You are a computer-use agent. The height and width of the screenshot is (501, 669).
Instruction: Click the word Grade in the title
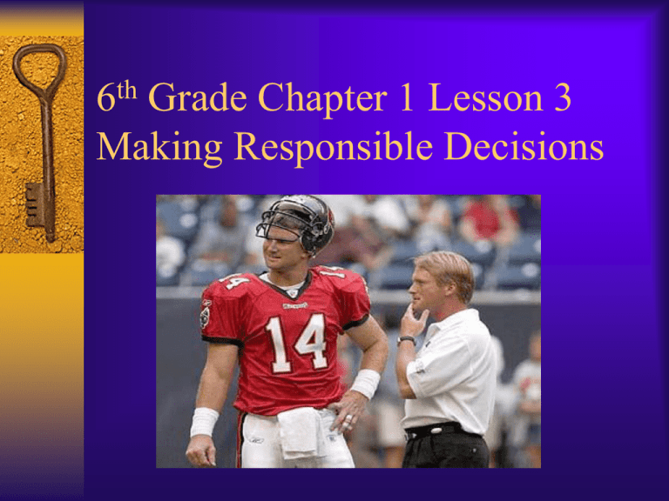[x=198, y=97]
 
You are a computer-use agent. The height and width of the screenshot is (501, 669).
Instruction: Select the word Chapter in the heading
[x=323, y=100]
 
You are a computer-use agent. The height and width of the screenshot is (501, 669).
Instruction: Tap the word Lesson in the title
[x=485, y=97]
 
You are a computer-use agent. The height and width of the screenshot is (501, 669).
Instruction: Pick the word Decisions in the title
[x=524, y=146]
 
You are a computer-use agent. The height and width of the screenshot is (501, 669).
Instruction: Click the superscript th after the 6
[x=127, y=90]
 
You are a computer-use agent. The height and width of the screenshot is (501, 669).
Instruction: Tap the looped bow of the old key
[x=39, y=68]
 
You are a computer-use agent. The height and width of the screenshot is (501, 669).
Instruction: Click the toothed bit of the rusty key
[x=33, y=204]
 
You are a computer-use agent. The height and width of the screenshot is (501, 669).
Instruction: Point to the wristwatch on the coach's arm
[x=406, y=339]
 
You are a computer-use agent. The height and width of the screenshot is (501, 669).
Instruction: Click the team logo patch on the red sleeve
[x=206, y=314]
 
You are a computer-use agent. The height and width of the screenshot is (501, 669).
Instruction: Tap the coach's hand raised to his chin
[x=412, y=319]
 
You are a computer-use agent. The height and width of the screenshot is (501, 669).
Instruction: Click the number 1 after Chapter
[x=407, y=97]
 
